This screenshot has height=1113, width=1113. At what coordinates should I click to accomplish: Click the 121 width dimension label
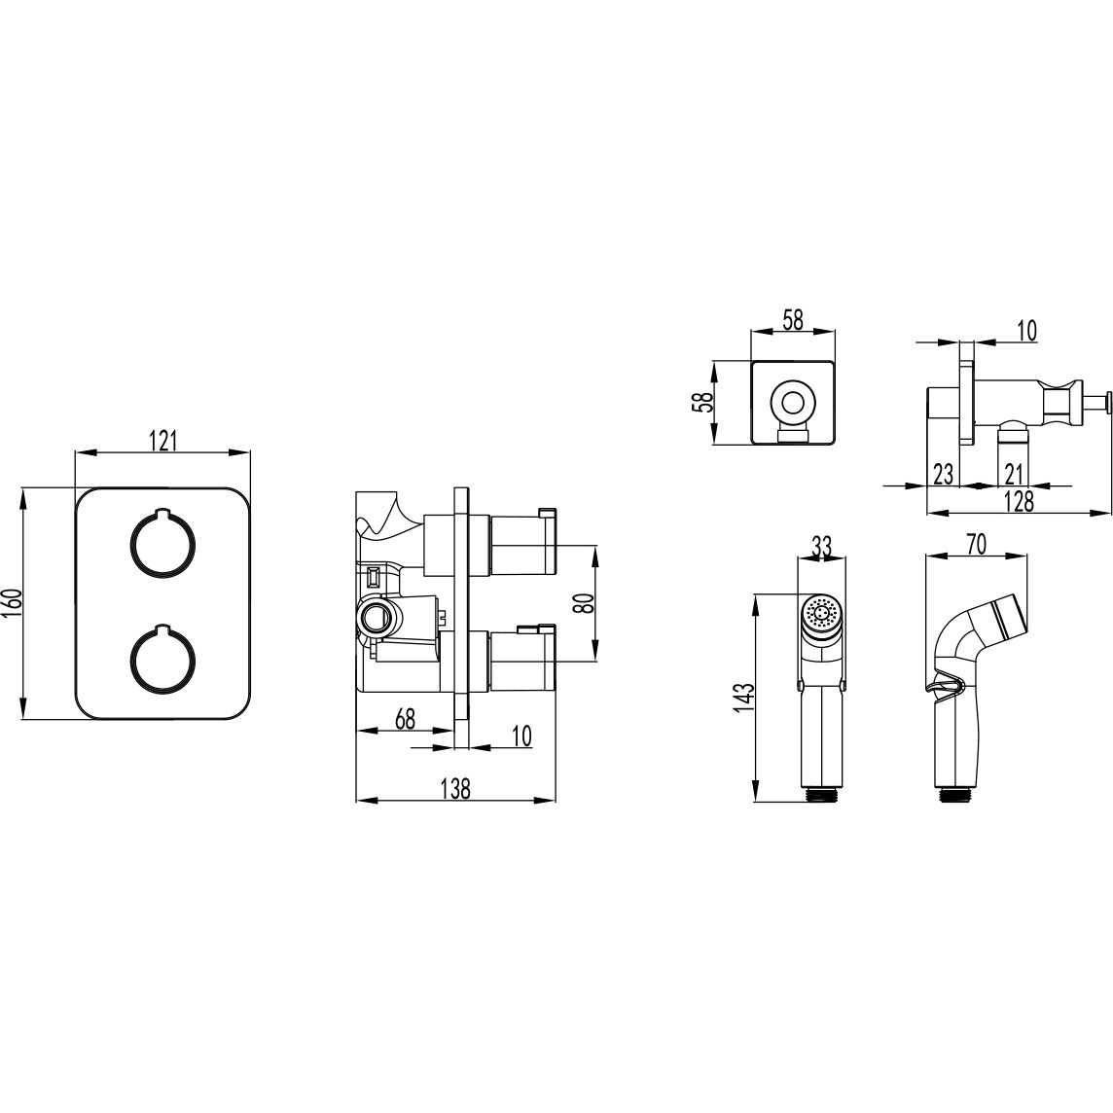[x=162, y=441]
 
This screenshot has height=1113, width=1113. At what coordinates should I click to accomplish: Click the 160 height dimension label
[x=14, y=602]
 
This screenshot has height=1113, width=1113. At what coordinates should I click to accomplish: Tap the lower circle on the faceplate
[x=162, y=660]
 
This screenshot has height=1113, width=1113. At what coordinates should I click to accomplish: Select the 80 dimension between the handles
[x=582, y=603]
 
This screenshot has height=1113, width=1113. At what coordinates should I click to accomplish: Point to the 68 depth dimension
[x=405, y=719]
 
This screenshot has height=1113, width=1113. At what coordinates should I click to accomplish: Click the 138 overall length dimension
[x=455, y=789]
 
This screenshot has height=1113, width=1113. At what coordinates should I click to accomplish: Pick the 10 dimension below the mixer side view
[x=521, y=736]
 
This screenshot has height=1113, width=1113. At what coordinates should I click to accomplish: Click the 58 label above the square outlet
[x=792, y=320]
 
